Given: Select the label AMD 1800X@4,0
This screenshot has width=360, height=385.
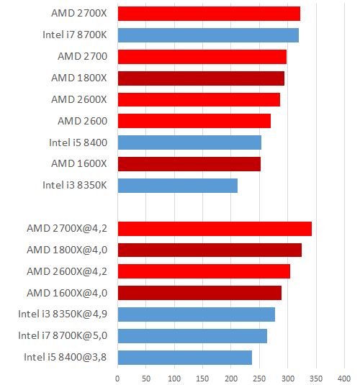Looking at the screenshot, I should (67, 250).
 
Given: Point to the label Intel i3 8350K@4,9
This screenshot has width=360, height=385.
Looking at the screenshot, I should (63, 314).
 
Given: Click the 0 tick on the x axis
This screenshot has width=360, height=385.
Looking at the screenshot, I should (117, 376).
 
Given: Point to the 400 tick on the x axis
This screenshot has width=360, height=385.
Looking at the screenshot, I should (344, 376).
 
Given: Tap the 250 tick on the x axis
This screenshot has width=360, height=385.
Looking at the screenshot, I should (259, 376).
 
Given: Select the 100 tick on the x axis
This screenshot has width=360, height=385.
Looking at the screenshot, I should (174, 376).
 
